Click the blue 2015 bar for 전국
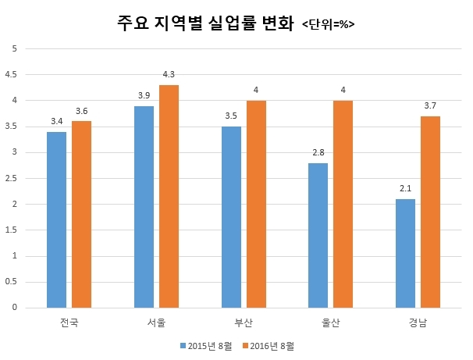[x=56, y=219]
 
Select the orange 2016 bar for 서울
[x=169, y=196]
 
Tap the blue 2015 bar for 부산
[x=231, y=217]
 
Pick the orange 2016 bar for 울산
[x=343, y=204]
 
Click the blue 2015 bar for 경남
[x=406, y=253]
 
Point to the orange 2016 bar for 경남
[x=431, y=212]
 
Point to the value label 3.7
[x=431, y=106]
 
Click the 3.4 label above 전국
[x=56, y=122]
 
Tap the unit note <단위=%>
[x=328, y=26]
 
